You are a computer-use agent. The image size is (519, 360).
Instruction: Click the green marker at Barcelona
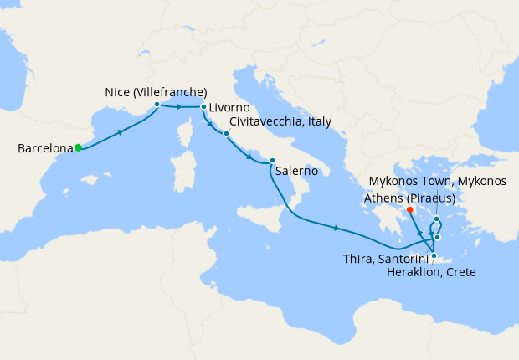(78, 147)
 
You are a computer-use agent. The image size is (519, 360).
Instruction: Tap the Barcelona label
(44, 149)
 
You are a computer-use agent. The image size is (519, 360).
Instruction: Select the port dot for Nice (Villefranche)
(157, 105)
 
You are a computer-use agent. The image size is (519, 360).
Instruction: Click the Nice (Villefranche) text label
(157, 91)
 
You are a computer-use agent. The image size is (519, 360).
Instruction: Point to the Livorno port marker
(203, 107)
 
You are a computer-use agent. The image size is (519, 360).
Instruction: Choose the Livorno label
(229, 108)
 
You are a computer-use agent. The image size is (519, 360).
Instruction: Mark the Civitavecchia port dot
(226, 133)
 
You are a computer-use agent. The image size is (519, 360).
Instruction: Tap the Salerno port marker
(272, 161)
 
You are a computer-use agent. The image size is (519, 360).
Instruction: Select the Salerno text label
(295, 170)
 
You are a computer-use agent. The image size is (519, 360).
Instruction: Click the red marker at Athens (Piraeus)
(410, 210)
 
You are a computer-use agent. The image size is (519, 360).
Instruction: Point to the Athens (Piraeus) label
(409, 198)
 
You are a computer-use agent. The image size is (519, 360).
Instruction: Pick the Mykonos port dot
(437, 219)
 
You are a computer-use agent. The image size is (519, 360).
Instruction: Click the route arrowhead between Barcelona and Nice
(122, 131)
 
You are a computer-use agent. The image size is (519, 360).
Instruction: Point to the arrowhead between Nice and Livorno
(181, 107)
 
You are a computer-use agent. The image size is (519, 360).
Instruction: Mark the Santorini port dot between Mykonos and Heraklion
(437, 238)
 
